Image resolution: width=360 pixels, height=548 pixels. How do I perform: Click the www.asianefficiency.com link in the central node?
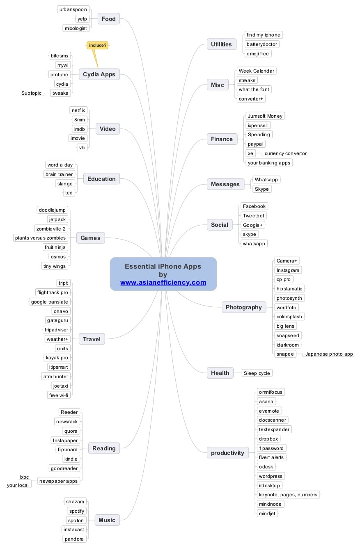[x=163, y=282]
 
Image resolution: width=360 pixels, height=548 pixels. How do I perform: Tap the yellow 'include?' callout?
[x=97, y=45]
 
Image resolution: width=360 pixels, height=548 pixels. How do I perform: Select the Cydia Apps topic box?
[x=99, y=74]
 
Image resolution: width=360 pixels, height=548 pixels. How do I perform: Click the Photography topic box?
[x=244, y=307]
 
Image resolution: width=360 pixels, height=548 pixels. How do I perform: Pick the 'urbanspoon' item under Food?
[x=73, y=9]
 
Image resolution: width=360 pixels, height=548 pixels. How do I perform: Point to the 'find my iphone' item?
[x=263, y=35]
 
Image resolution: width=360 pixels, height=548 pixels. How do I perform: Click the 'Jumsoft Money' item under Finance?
[x=265, y=116]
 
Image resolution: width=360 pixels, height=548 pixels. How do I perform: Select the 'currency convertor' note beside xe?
[x=286, y=153]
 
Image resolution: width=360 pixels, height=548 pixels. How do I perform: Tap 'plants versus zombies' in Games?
[x=40, y=238]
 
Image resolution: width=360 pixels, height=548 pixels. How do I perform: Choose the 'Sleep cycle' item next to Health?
[x=257, y=373]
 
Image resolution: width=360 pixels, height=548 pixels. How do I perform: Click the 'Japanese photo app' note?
[x=329, y=354]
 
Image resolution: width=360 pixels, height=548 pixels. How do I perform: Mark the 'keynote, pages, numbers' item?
[x=288, y=495]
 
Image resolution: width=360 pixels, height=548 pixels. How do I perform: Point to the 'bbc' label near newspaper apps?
[x=25, y=477]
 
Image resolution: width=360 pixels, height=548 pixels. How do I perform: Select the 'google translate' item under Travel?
[x=50, y=302]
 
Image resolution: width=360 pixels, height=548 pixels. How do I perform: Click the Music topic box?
[x=107, y=520]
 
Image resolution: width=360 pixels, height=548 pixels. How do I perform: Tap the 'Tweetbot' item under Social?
[x=253, y=215]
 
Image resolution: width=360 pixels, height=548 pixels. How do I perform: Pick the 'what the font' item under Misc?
[x=254, y=89]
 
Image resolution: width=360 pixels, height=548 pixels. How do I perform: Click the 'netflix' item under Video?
[x=78, y=110]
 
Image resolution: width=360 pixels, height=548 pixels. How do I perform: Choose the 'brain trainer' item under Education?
[x=59, y=174]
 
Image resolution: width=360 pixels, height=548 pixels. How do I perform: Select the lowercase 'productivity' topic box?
[x=227, y=453]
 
